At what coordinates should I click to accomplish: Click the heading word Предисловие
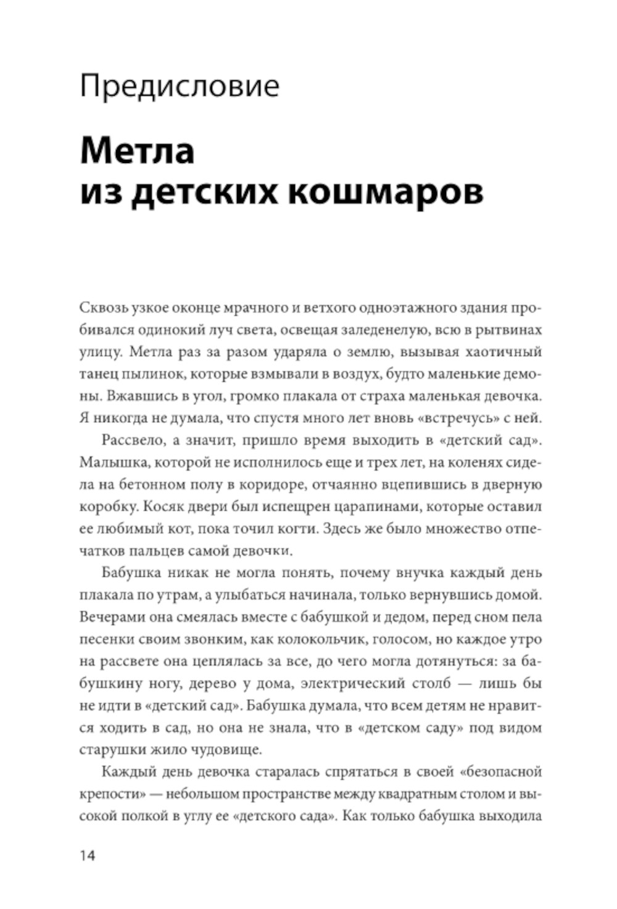pos(180,86)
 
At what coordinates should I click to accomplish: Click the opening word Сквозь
pos(101,308)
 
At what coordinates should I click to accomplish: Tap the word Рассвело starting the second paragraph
pos(130,441)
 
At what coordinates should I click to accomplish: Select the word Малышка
pos(109,463)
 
